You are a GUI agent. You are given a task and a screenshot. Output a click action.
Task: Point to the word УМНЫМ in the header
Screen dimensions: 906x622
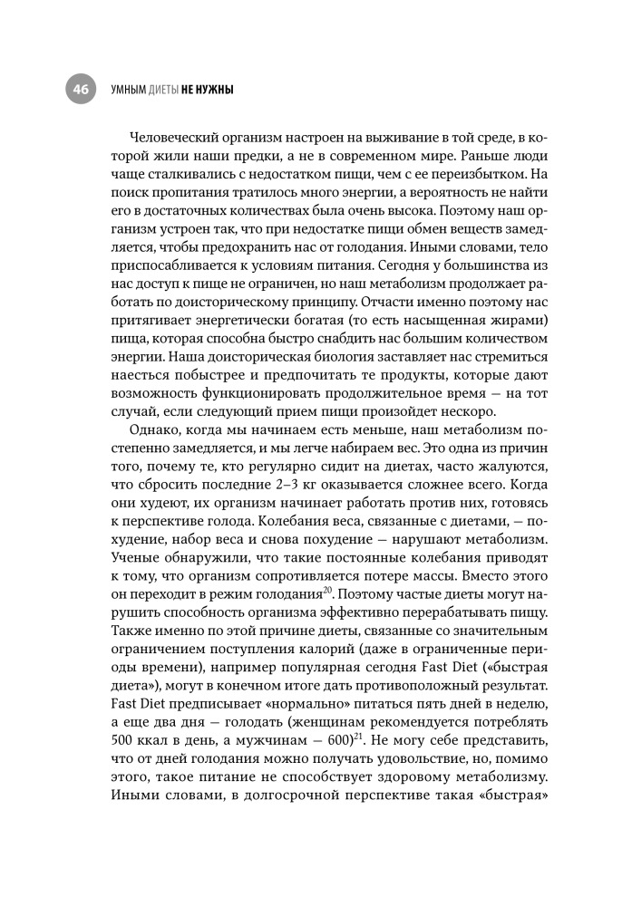point(116,90)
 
